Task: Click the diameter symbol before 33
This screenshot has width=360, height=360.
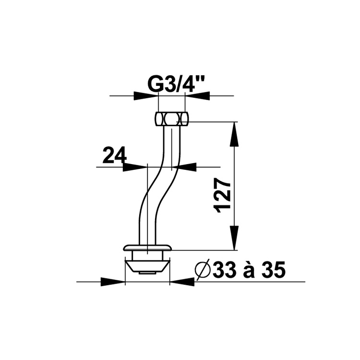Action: point(203,269)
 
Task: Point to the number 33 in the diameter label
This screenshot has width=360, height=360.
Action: point(224,269)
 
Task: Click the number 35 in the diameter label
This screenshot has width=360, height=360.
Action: point(274,269)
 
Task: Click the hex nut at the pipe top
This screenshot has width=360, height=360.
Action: point(171,119)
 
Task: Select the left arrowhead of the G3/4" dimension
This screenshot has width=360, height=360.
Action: point(145,96)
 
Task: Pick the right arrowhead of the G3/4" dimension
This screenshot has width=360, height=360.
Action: point(197,96)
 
